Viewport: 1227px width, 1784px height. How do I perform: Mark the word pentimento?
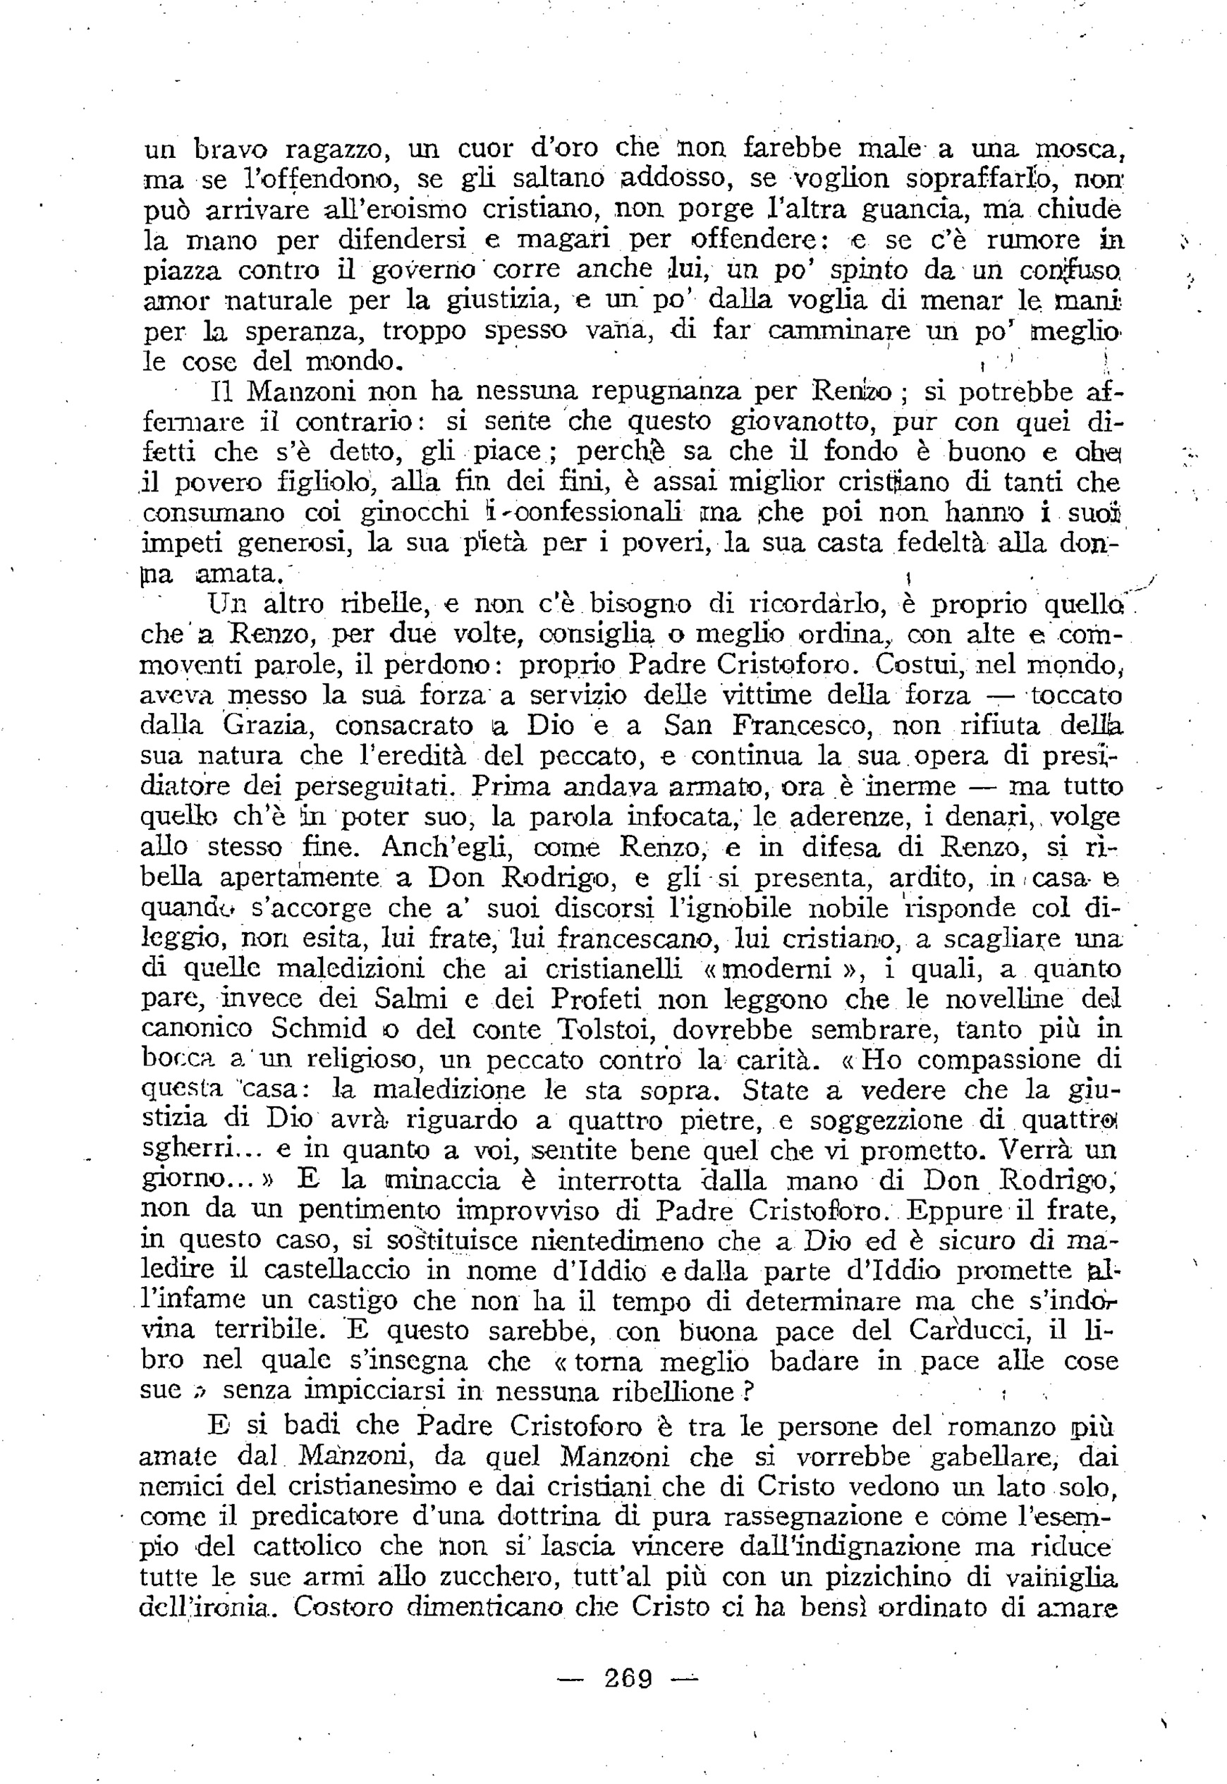(369, 1211)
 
